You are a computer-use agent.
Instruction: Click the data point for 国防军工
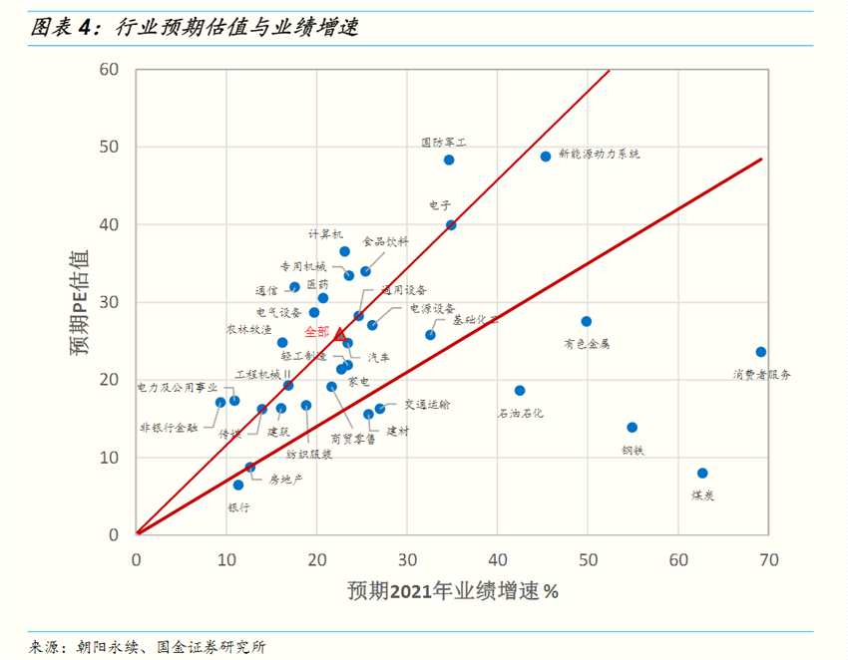[x=449, y=160]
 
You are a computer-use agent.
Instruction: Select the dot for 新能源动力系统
[x=546, y=157]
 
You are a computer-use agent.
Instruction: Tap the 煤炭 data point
[x=702, y=474]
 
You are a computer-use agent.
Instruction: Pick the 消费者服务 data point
[x=761, y=352]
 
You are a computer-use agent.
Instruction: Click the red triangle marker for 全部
[x=340, y=334]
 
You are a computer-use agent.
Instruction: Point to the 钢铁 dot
[x=632, y=428]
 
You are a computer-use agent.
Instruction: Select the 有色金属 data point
[x=587, y=322]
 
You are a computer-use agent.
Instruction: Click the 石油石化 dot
[x=520, y=391]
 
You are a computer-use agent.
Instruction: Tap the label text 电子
[x=441, y=205]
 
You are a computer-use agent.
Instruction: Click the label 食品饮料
[x=385, y=242]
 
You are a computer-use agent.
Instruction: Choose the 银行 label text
[x=239, y=506]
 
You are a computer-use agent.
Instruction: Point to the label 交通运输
[x=427, y=405]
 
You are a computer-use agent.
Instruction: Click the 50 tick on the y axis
[x=109, y=148]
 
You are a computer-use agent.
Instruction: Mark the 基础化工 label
[x=475, y=320]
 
